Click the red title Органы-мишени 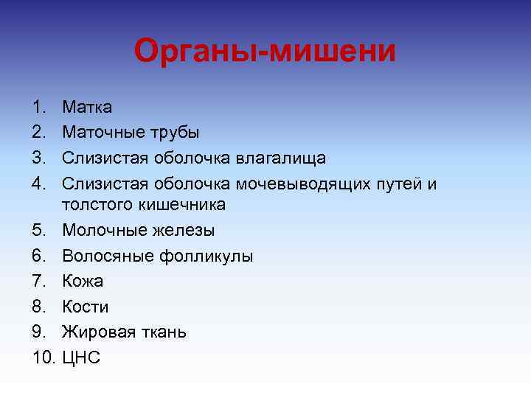(265, 52)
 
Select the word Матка (87, 108)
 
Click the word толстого (92, 204)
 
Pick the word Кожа (83, 282)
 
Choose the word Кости (85, 307)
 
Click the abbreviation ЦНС (81, 357)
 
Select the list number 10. (44, 357)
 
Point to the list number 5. (39, 231)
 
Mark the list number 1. (39, 108)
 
